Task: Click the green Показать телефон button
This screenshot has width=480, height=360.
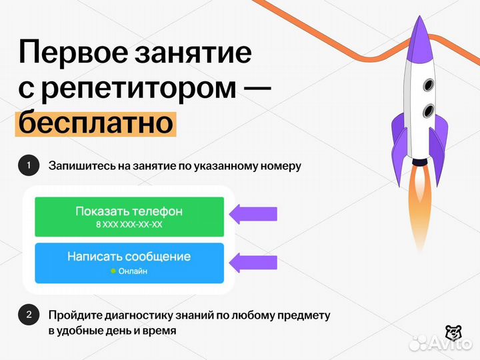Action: point(129,217)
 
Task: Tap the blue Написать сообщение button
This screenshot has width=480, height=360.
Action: point(129,263)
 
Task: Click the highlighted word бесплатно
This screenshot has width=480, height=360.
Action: point(96,123)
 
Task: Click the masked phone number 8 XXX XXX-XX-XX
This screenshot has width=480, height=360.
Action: point(129,225)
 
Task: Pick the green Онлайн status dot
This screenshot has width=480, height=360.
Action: point(113,271)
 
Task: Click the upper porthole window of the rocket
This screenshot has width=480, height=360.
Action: point(427,85)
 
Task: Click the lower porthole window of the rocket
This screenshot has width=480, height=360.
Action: point(427,109)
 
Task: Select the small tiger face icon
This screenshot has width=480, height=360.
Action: point(453,331)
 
